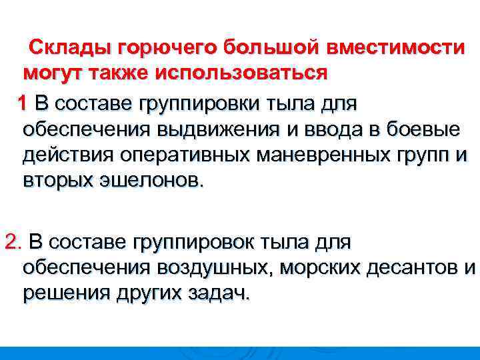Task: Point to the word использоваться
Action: pos(241,73)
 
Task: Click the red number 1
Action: pos(23,103)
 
